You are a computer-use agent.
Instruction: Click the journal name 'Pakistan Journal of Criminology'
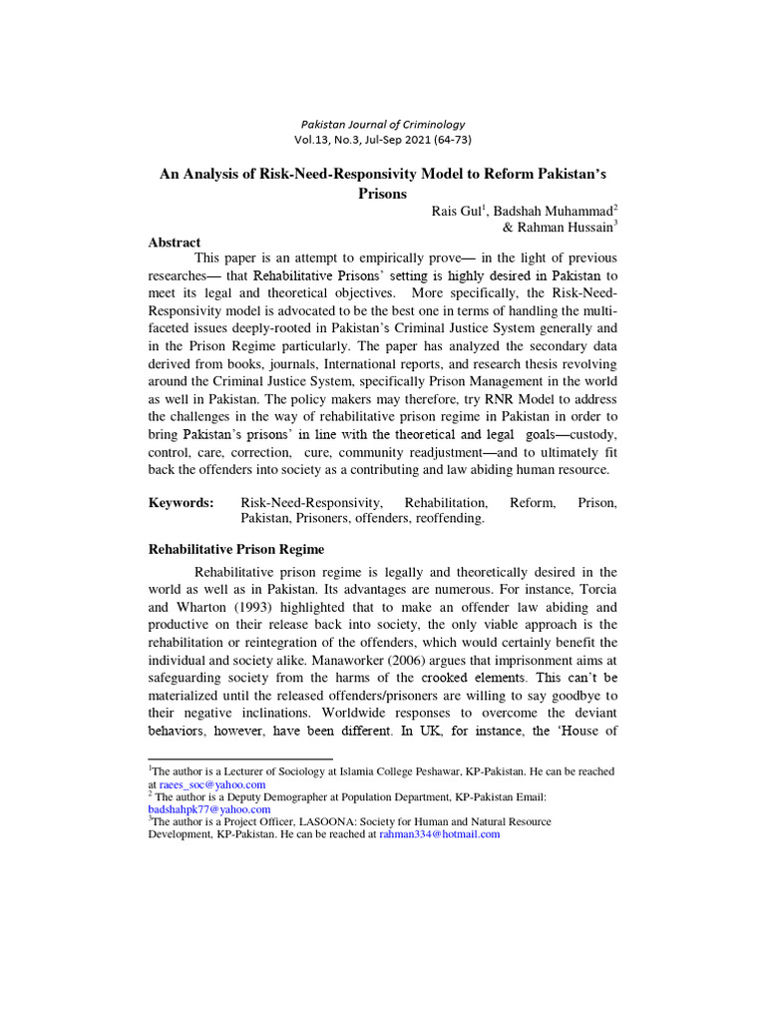[x=383, y=124]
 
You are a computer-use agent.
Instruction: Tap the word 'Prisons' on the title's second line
[x=383, y=194]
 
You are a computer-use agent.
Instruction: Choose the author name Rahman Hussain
[x=568, y=228]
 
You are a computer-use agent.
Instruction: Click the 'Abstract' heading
[x=175, y=243]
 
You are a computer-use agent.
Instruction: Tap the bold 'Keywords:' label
[x=182, y=504]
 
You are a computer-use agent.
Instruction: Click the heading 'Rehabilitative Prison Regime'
[x=236, y=550]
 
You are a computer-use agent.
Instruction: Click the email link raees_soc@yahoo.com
[x=211, y=785]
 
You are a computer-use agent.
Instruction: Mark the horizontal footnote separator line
[x=239, y=760]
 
